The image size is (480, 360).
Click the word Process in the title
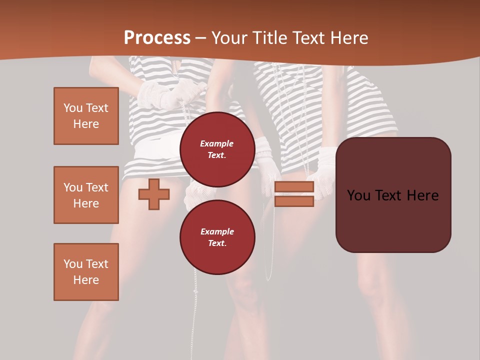tap(157, 38)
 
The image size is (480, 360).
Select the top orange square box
tap(86, 116)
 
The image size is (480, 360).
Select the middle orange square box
tap(86, 195)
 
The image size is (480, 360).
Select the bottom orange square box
tap(86, 272)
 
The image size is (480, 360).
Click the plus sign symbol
tap(154, 194)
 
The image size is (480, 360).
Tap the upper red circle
tap(217, 149)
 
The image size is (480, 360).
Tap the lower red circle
tap(217, 237)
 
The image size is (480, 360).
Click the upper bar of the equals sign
tap(294, 187)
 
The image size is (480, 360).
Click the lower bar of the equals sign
tap(294, 201)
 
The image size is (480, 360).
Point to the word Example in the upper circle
tap(217, 143)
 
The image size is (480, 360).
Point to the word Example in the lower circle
tap(217, 231)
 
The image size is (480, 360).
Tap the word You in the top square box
tap(73, 108)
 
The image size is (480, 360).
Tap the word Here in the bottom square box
tap(86, 280)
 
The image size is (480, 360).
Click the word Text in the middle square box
tap(97, 187)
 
